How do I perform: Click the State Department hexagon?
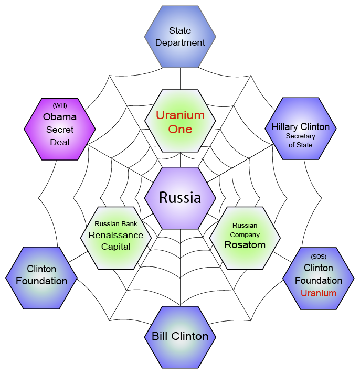(180, 37)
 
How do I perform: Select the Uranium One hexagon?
(180, 121)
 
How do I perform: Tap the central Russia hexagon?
(180, 198)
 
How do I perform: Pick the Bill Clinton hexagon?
(180, 337)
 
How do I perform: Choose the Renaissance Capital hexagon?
(116, 238)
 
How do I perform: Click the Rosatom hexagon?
(245, 238)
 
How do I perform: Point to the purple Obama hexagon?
(60, 129)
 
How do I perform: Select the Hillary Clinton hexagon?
(301, 129)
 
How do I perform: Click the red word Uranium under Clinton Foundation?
(319, 293)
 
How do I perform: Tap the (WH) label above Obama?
(60, 105)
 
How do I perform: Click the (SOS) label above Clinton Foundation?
(319, 257)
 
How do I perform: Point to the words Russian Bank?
(115, 224)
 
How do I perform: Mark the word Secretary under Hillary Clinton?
(301, 136)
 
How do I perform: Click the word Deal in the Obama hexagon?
(60, 142)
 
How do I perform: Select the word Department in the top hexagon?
(180, 42)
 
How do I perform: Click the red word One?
(180, 129)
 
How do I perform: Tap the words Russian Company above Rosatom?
(245, 230)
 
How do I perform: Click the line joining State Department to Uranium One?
(180, 79)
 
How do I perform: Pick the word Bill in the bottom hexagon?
(160, 336)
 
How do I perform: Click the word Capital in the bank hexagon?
(115, 247)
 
